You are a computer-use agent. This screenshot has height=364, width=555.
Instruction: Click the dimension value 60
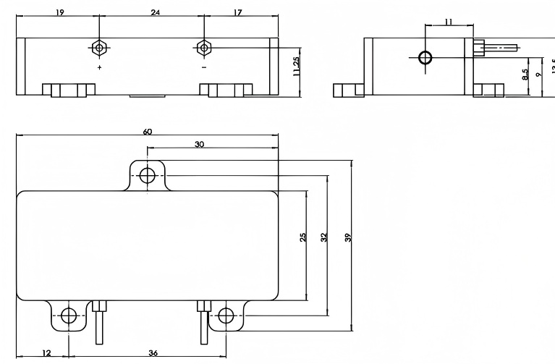[148, 132]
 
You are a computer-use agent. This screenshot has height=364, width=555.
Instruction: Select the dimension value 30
[199, 144]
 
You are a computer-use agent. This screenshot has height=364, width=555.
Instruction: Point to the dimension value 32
[325, 237]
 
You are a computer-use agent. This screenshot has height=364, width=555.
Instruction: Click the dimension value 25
[303, 237]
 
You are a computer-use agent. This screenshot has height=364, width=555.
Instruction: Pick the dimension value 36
[153, 352]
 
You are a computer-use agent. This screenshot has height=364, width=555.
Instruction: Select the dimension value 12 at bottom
[46, 352]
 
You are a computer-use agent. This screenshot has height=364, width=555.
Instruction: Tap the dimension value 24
[155, 12]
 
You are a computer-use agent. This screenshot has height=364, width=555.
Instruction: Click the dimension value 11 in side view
[448, 22]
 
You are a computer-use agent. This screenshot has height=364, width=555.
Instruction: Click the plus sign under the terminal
[100, 67]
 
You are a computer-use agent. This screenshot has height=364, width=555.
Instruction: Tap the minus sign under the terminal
[204, 67]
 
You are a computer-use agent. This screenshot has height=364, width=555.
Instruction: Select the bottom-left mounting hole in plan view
[69, 316]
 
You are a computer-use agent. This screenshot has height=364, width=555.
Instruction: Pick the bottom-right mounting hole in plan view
[226, 316]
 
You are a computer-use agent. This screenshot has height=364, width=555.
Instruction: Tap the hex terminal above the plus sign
[100, 48]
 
